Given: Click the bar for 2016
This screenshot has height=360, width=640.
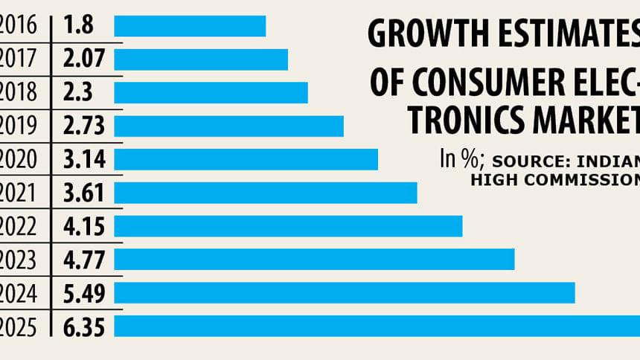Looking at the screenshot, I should click(190, 26).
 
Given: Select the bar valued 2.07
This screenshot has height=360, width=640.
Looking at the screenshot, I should click(201, 60).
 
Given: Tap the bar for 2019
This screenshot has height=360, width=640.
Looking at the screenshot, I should click(228, 126).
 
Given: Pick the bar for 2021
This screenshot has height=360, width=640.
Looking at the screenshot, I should click(265, 193).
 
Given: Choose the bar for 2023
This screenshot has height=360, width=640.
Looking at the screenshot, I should click(314, 260).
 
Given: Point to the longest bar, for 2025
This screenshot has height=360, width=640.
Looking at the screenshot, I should click(377, 326).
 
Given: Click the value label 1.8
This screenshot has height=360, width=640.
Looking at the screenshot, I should click(77, 26).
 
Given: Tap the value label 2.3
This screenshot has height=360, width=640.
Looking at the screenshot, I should click(77, 93).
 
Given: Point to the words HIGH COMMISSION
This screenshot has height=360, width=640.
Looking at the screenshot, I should click(555, 179).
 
